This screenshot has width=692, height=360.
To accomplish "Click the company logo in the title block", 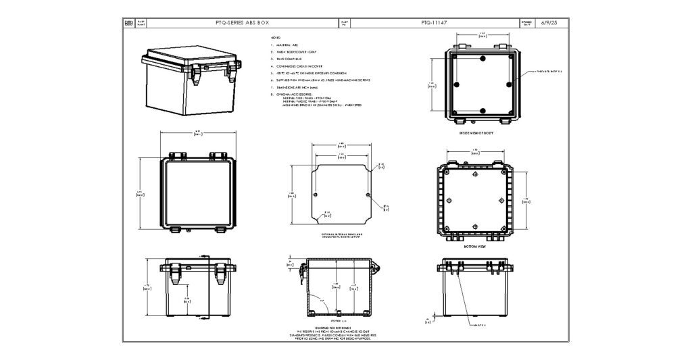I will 129,22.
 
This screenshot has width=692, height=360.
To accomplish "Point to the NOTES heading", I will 275,37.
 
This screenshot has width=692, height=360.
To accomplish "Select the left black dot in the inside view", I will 458,84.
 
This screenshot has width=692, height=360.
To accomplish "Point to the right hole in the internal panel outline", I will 368,195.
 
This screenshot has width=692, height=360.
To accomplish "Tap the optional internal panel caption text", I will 341,236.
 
